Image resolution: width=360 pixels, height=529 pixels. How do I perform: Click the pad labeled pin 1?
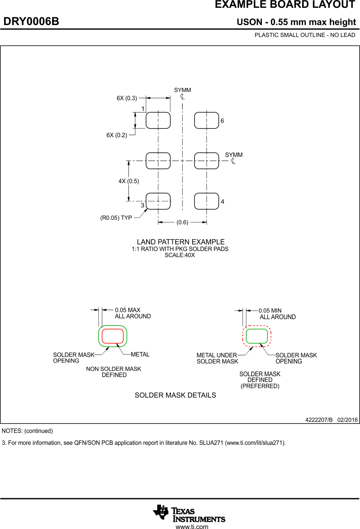(x=158, y=120)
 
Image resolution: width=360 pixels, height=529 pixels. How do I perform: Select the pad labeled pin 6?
(x=206, y=120)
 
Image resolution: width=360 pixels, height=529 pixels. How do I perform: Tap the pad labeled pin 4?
(x=206, y=201)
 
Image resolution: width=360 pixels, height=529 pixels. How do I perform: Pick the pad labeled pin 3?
(x=158, y=201)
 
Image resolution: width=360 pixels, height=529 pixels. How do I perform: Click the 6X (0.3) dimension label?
(x=127, y=98)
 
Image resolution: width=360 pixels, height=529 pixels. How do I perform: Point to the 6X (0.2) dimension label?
(x=117, y=135)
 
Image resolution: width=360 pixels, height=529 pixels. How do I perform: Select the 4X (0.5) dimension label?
(x=129, y=181)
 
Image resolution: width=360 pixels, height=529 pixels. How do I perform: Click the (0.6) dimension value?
(x=182, y=223)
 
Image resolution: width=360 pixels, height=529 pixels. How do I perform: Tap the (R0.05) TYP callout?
(x=116, y=218)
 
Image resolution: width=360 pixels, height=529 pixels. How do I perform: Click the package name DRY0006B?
(x=31, y=21)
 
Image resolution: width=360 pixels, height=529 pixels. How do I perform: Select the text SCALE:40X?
(x=180, y=255)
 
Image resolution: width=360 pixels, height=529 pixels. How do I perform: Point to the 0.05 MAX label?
(x=128, y=310)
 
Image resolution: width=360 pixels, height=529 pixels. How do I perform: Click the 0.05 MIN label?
(x=270, y=311)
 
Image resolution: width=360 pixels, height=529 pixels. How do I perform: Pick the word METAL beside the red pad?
(x=140, y=354)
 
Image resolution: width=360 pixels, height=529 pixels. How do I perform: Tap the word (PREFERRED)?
(x=260, y=386)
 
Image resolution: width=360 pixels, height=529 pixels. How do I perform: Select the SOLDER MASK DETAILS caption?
(x=175, y=395)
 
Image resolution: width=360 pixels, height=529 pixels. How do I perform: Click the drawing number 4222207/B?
(x=319, y=420)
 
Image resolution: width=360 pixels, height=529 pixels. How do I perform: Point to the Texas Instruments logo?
(x=189, y=513)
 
